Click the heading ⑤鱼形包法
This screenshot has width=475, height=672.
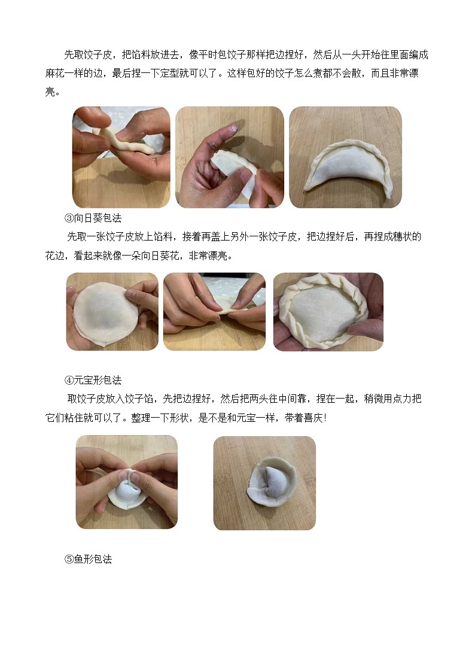tap(88, 560)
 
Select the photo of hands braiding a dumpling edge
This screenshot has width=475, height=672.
tap(121, 157)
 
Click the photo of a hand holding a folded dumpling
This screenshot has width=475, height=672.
tap(229, 157)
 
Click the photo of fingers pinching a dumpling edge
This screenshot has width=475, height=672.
tap(214, 311)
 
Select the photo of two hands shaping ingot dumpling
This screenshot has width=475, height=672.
tap(127, 482)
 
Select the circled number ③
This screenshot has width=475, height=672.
tap(69, 218)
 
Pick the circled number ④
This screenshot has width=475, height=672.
tap(69, 380)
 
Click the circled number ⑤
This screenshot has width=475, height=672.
tap(69, 560)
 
